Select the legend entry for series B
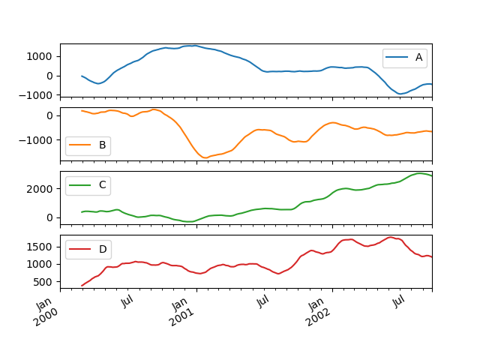pyautogui.click(x=88, y=145)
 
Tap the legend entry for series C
pyautogui.click(x=88, y=184)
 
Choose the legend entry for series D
pyautogui.click(x=88, y=249)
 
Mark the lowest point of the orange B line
pyautogui.click(x=205, y=157)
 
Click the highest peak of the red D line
pyautogui.click(x=390, y=237)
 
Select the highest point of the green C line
pyautogui.click(x=421, y=173)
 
